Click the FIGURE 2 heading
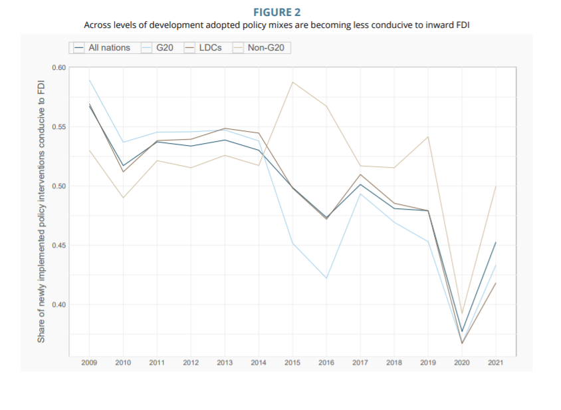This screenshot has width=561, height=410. tap(281, 11)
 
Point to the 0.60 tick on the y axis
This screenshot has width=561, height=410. tap(58, 68)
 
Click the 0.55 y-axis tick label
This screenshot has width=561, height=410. tap(58, 127)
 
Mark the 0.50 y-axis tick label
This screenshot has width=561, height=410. tap(58, 186)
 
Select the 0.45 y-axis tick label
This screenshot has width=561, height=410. tap(58, 246)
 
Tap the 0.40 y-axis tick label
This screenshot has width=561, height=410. tap(58, 305)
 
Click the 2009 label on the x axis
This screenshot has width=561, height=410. tap(90, 363)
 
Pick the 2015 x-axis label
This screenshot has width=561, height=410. tap(292, 363)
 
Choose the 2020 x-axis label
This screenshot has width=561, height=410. tap(462, 363)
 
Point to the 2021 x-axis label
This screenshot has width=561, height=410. tap(496, 363)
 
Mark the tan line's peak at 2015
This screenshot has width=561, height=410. tap(292, 82)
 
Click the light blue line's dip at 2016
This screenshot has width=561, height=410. tap(326, 278)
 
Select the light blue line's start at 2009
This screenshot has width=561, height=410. tap(90, 80)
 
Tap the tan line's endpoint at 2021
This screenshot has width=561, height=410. tap(496, 186)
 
